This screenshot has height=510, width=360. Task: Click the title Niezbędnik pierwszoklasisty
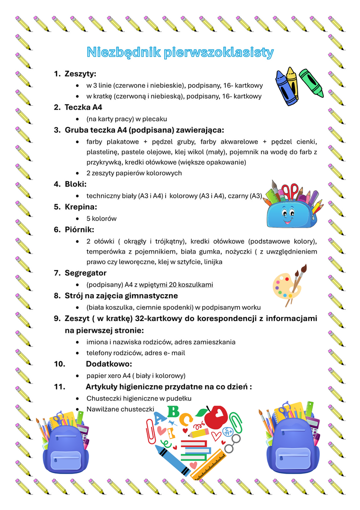coord(180,52)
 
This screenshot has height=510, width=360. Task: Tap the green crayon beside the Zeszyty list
coord(311,82)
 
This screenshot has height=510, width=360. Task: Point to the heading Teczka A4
coord(84,107)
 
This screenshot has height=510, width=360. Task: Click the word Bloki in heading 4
coord(75,184)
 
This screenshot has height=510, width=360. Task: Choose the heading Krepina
coord(81,207)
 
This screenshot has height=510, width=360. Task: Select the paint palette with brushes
coord(288,285)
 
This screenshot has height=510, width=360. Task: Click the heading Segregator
coord(85,273)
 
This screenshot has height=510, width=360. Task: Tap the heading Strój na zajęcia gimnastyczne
coord(121,296)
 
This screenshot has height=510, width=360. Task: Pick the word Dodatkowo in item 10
coord(109,364)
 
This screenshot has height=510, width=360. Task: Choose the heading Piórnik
coord(79,229)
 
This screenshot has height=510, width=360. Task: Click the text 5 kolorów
coord(101,219)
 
